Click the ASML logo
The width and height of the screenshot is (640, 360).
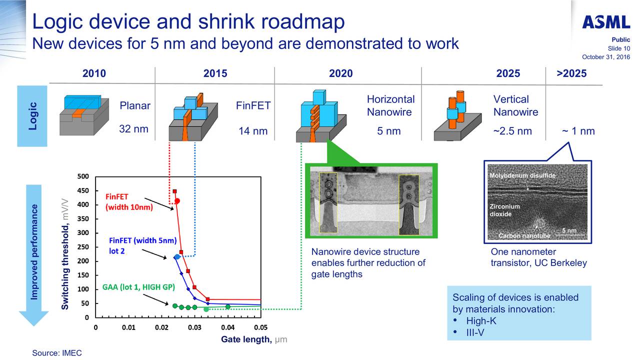605,22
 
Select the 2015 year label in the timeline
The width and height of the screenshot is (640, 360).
215,74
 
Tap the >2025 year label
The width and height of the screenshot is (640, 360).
571,74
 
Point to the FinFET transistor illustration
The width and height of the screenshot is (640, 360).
193,117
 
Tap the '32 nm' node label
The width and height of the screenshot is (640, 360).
133,129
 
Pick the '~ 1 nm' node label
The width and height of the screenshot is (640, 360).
578,131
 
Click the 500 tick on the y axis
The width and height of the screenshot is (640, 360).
83,176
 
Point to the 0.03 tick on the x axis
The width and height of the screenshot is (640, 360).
194,327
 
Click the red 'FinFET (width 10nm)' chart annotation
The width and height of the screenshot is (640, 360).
129,201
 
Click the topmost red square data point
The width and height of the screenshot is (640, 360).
174,191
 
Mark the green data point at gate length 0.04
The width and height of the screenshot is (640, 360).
228,306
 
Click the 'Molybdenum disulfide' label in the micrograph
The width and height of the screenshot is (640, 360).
521,176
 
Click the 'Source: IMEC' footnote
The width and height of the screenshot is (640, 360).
56,353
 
